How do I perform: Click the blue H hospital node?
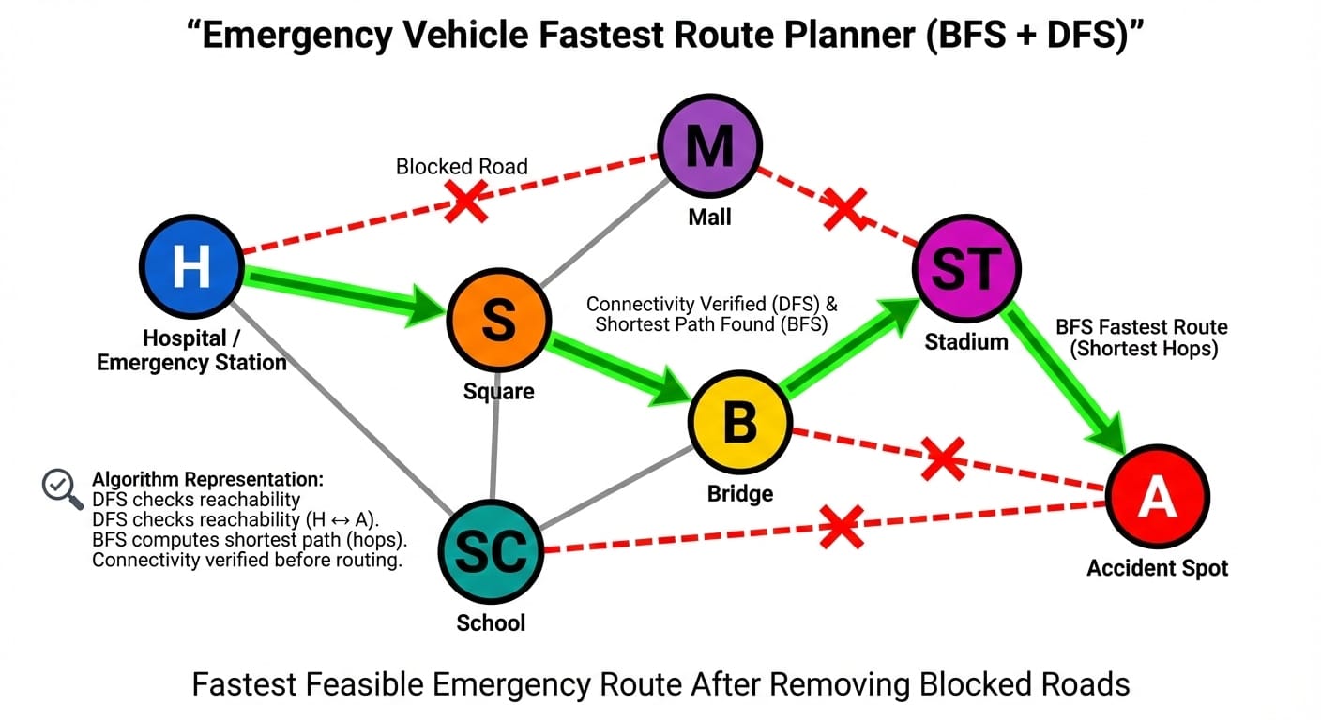[x=190, y=266]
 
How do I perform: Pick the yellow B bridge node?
[x=739, y=423]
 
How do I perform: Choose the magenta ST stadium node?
[x=965, y=269]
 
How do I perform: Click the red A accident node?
[x=1157, y=498]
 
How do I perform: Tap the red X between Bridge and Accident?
[x=943, y=459]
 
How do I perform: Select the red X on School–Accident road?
[x=841, y=527]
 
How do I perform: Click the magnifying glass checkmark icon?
[x=63, y=487]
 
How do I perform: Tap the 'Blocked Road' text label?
[x=462, y=167]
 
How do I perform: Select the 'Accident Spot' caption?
[x=1157, y=568]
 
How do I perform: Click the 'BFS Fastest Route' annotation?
[x=1141, y=337]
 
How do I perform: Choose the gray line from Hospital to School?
[x=338, y=402]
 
